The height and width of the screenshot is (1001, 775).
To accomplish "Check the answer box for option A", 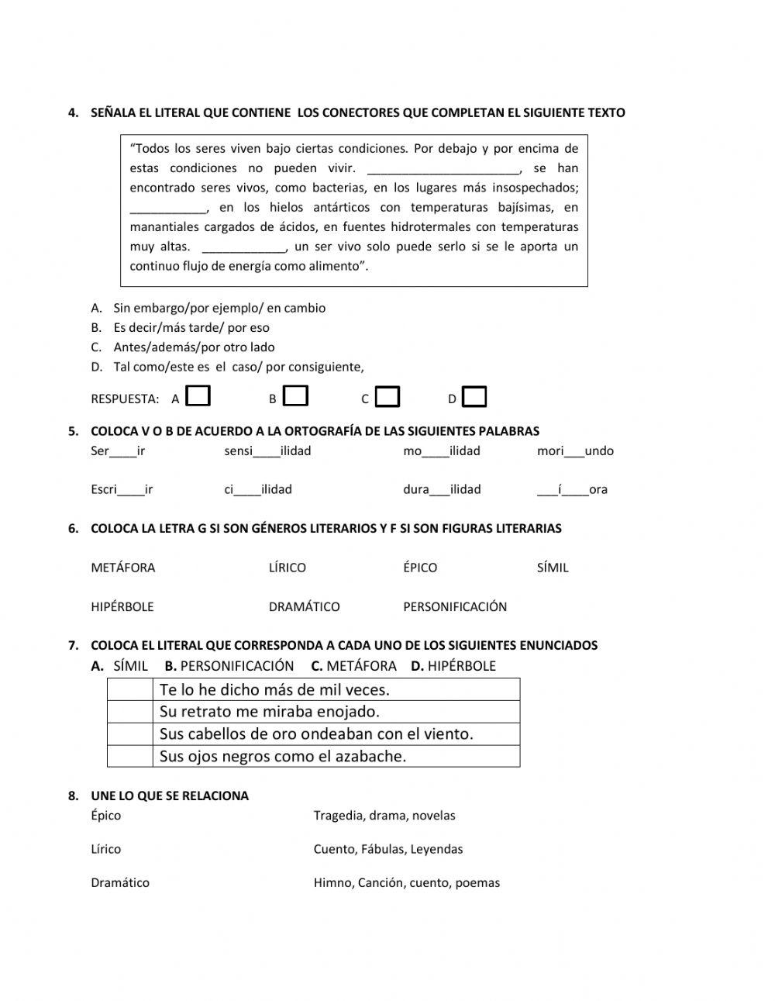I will tap(199, 396).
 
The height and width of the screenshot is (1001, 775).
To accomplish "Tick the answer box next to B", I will tap(296, 396).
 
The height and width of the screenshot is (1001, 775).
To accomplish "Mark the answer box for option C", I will tap(387, 397).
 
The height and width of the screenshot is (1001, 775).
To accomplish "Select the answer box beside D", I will tap(474, 397).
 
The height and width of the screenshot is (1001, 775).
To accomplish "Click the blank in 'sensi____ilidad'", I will tap(267, 451).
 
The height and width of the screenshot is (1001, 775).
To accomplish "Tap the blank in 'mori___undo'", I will tap(574, 451).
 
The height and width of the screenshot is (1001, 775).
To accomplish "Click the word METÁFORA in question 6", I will tap(122, 568).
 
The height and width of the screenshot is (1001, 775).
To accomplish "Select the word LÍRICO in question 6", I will tap(287, 568).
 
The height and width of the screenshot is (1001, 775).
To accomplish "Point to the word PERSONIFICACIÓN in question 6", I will tap(454, 606).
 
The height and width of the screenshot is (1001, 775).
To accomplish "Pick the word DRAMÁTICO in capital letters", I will tap(304, 606).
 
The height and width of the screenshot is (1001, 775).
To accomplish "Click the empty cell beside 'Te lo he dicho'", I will tap(129, 689).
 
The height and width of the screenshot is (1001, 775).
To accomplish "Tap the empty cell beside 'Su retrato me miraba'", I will tap(129, 712).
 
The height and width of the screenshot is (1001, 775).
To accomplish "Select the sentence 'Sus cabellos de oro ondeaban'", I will tap(315, 733).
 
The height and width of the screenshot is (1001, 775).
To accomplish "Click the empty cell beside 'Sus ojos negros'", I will tap(129, 756).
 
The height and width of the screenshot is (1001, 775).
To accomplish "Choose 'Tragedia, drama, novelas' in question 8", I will tap(384, 816).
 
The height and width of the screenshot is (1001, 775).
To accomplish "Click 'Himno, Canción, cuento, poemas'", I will tap(406, 882).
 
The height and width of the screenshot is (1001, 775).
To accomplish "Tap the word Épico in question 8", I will tap(105, 816).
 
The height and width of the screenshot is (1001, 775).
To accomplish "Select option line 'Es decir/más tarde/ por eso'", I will tap(191, 327).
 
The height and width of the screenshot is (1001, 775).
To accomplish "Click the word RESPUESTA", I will tap(125, 399).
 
